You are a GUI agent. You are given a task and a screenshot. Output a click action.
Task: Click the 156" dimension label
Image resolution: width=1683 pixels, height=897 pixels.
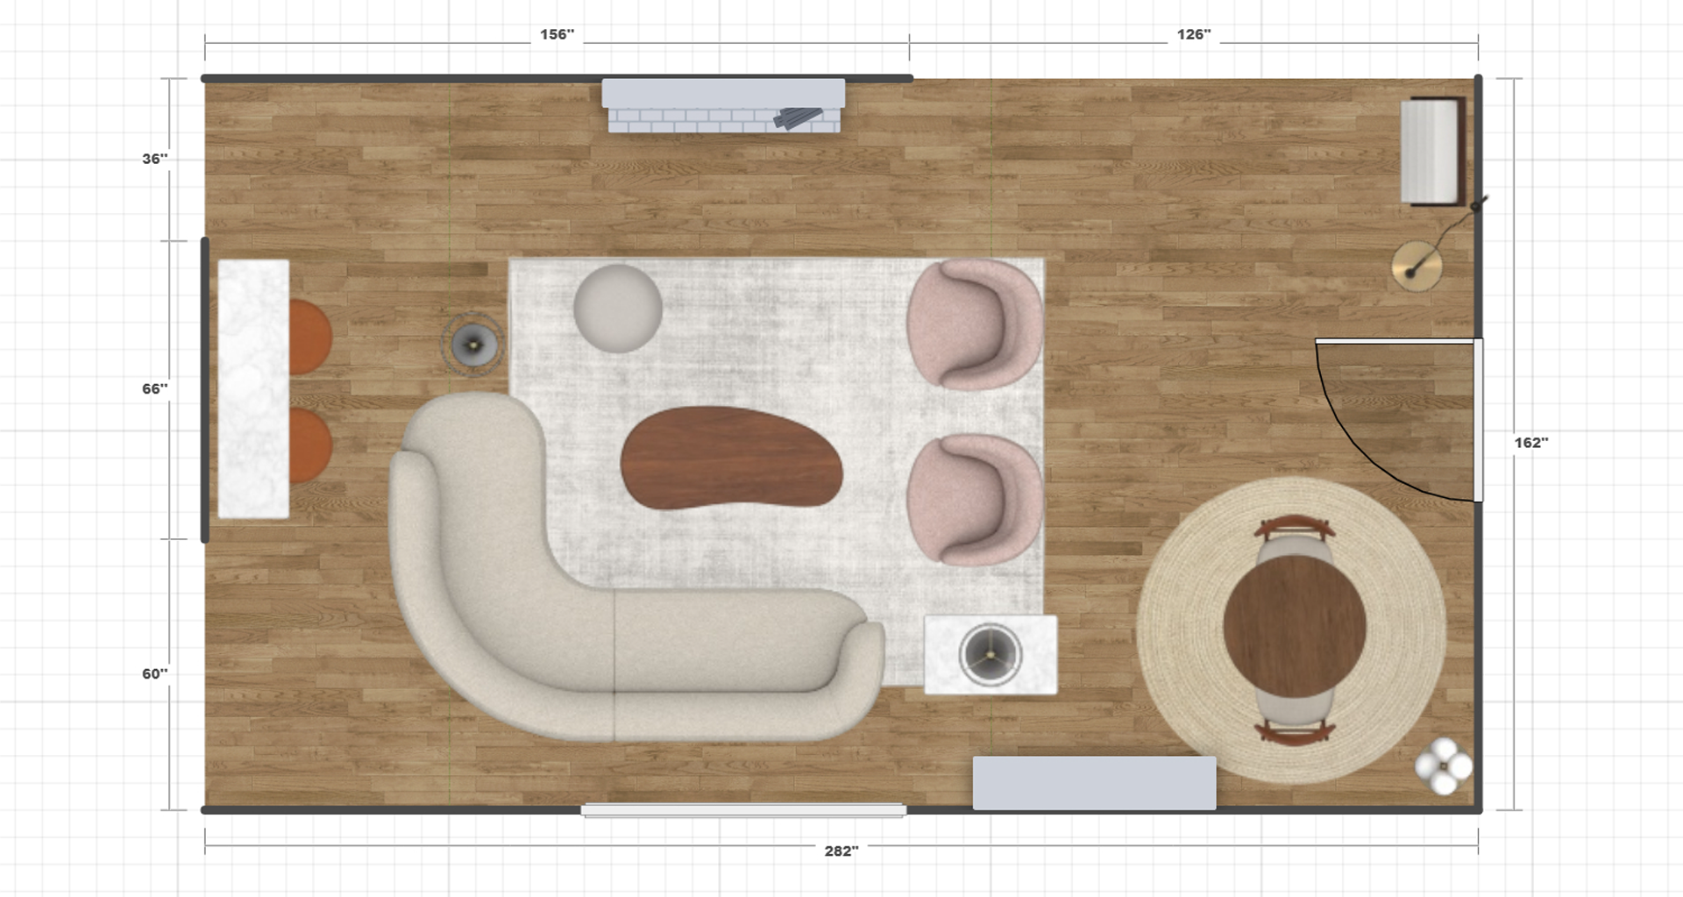tap(557, 34)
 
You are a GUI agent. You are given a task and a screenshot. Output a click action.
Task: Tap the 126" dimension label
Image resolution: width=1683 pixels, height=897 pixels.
tap(1193, 34)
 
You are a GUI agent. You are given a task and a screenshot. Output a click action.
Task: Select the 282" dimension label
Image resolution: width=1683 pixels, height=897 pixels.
tap(841, 851)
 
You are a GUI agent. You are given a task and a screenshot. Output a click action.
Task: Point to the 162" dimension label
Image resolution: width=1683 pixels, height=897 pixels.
tap(1531, 443)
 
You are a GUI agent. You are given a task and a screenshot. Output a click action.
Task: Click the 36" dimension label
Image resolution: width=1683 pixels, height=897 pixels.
tap(155, 159)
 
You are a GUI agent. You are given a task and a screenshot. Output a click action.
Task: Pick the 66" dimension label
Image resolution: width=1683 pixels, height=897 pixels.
tap(155, 388)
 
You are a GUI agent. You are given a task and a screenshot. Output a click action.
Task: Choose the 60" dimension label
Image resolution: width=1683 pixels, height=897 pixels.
tap(155, 673)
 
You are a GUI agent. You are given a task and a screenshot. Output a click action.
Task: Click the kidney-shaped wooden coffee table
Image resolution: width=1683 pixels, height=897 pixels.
tap(731, 458)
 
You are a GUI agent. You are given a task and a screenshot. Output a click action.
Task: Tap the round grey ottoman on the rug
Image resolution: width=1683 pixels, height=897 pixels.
tap(618, 309)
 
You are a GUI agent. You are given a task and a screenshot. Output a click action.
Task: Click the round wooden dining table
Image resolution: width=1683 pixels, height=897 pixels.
tap(1295, 628)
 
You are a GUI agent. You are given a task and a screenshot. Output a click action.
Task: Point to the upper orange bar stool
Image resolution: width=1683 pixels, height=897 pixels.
tap(309, 338)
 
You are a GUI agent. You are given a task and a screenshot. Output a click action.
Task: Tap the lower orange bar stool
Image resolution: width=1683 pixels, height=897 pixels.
tap(309, 445)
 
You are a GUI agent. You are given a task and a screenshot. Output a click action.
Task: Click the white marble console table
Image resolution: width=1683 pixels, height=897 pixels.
tap(253, 388)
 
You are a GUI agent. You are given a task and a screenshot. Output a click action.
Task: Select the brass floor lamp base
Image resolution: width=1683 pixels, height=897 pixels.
tap(1417, 266)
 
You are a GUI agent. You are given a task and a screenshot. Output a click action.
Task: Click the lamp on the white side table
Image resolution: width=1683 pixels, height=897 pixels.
tap(991, 654)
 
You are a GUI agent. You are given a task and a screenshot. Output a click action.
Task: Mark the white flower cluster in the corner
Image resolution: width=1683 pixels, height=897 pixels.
tap(1444, 765)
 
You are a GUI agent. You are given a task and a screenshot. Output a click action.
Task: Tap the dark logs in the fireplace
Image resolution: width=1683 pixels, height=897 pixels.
tap(798, 118)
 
